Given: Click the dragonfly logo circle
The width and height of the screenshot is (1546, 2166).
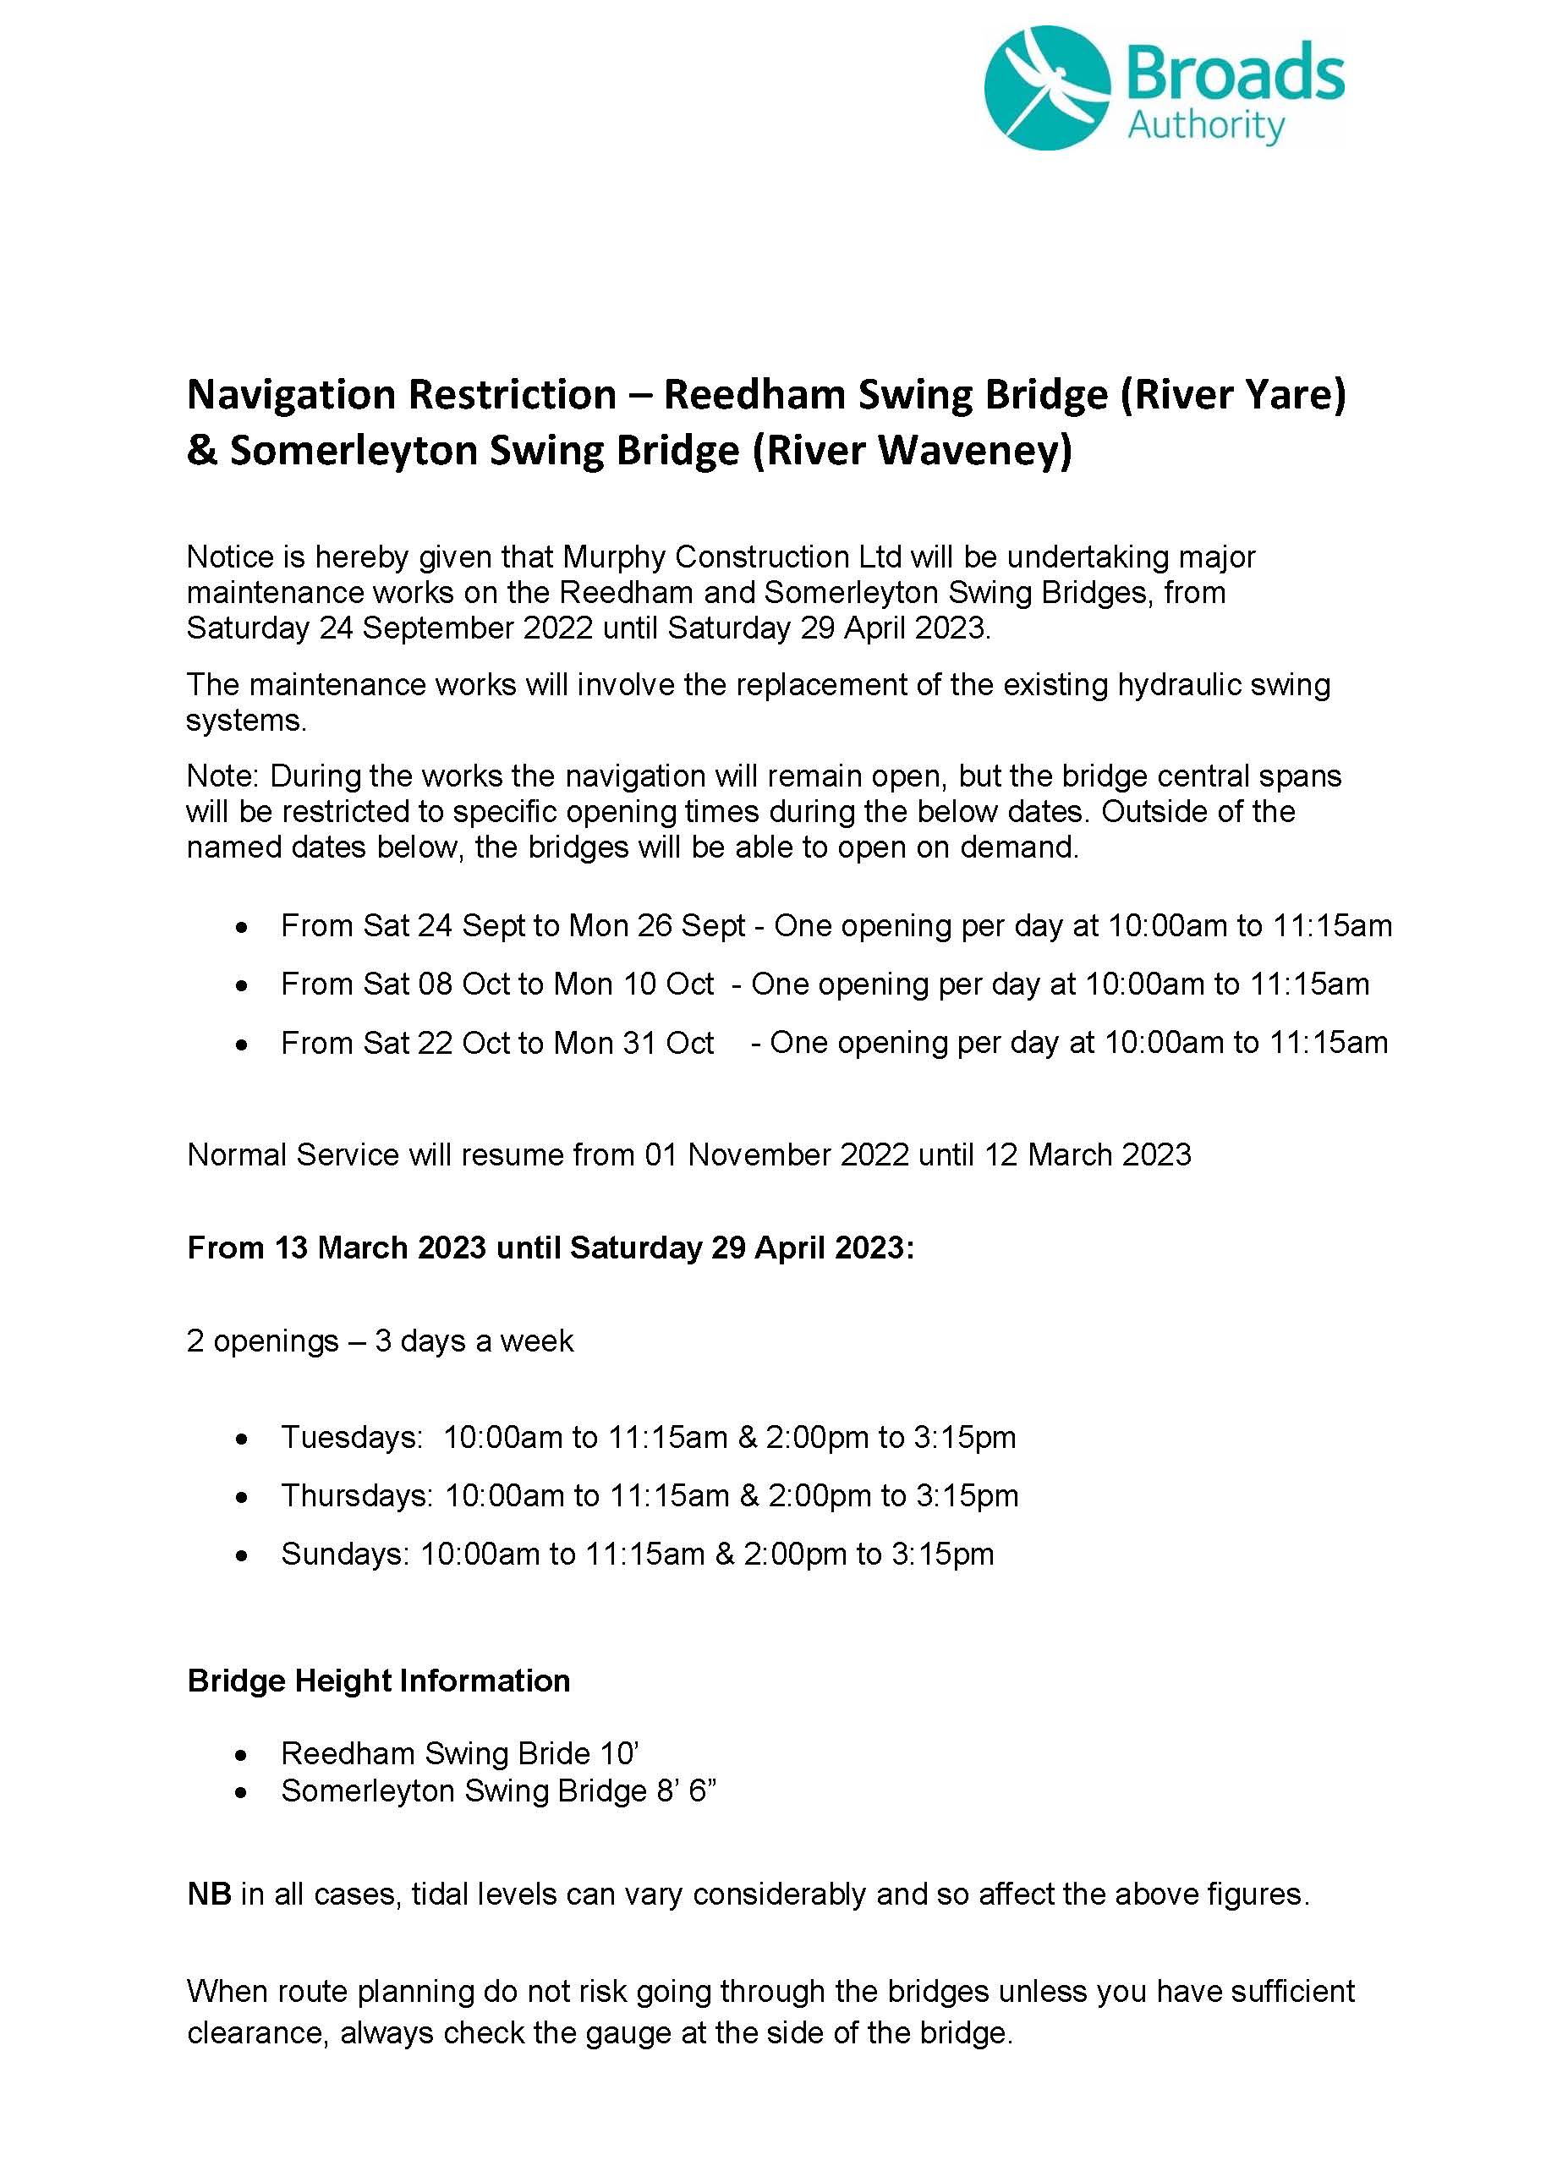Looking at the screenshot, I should click(1047, 88).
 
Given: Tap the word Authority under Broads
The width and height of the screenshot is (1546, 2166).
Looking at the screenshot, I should click(1206, 127).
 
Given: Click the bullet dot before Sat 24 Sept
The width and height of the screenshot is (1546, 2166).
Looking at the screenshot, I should click(244, 926).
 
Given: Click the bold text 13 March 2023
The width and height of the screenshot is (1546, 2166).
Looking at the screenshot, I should click(381, 1248).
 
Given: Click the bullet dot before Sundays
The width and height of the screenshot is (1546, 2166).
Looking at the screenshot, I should click(244, 1555).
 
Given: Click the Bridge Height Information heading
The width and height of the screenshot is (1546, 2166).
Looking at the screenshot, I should click(379, 1681).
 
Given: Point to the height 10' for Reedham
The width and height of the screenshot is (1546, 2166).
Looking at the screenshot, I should click(619, 1754).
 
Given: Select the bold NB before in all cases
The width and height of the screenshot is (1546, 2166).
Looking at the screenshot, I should click(210, 1895).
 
